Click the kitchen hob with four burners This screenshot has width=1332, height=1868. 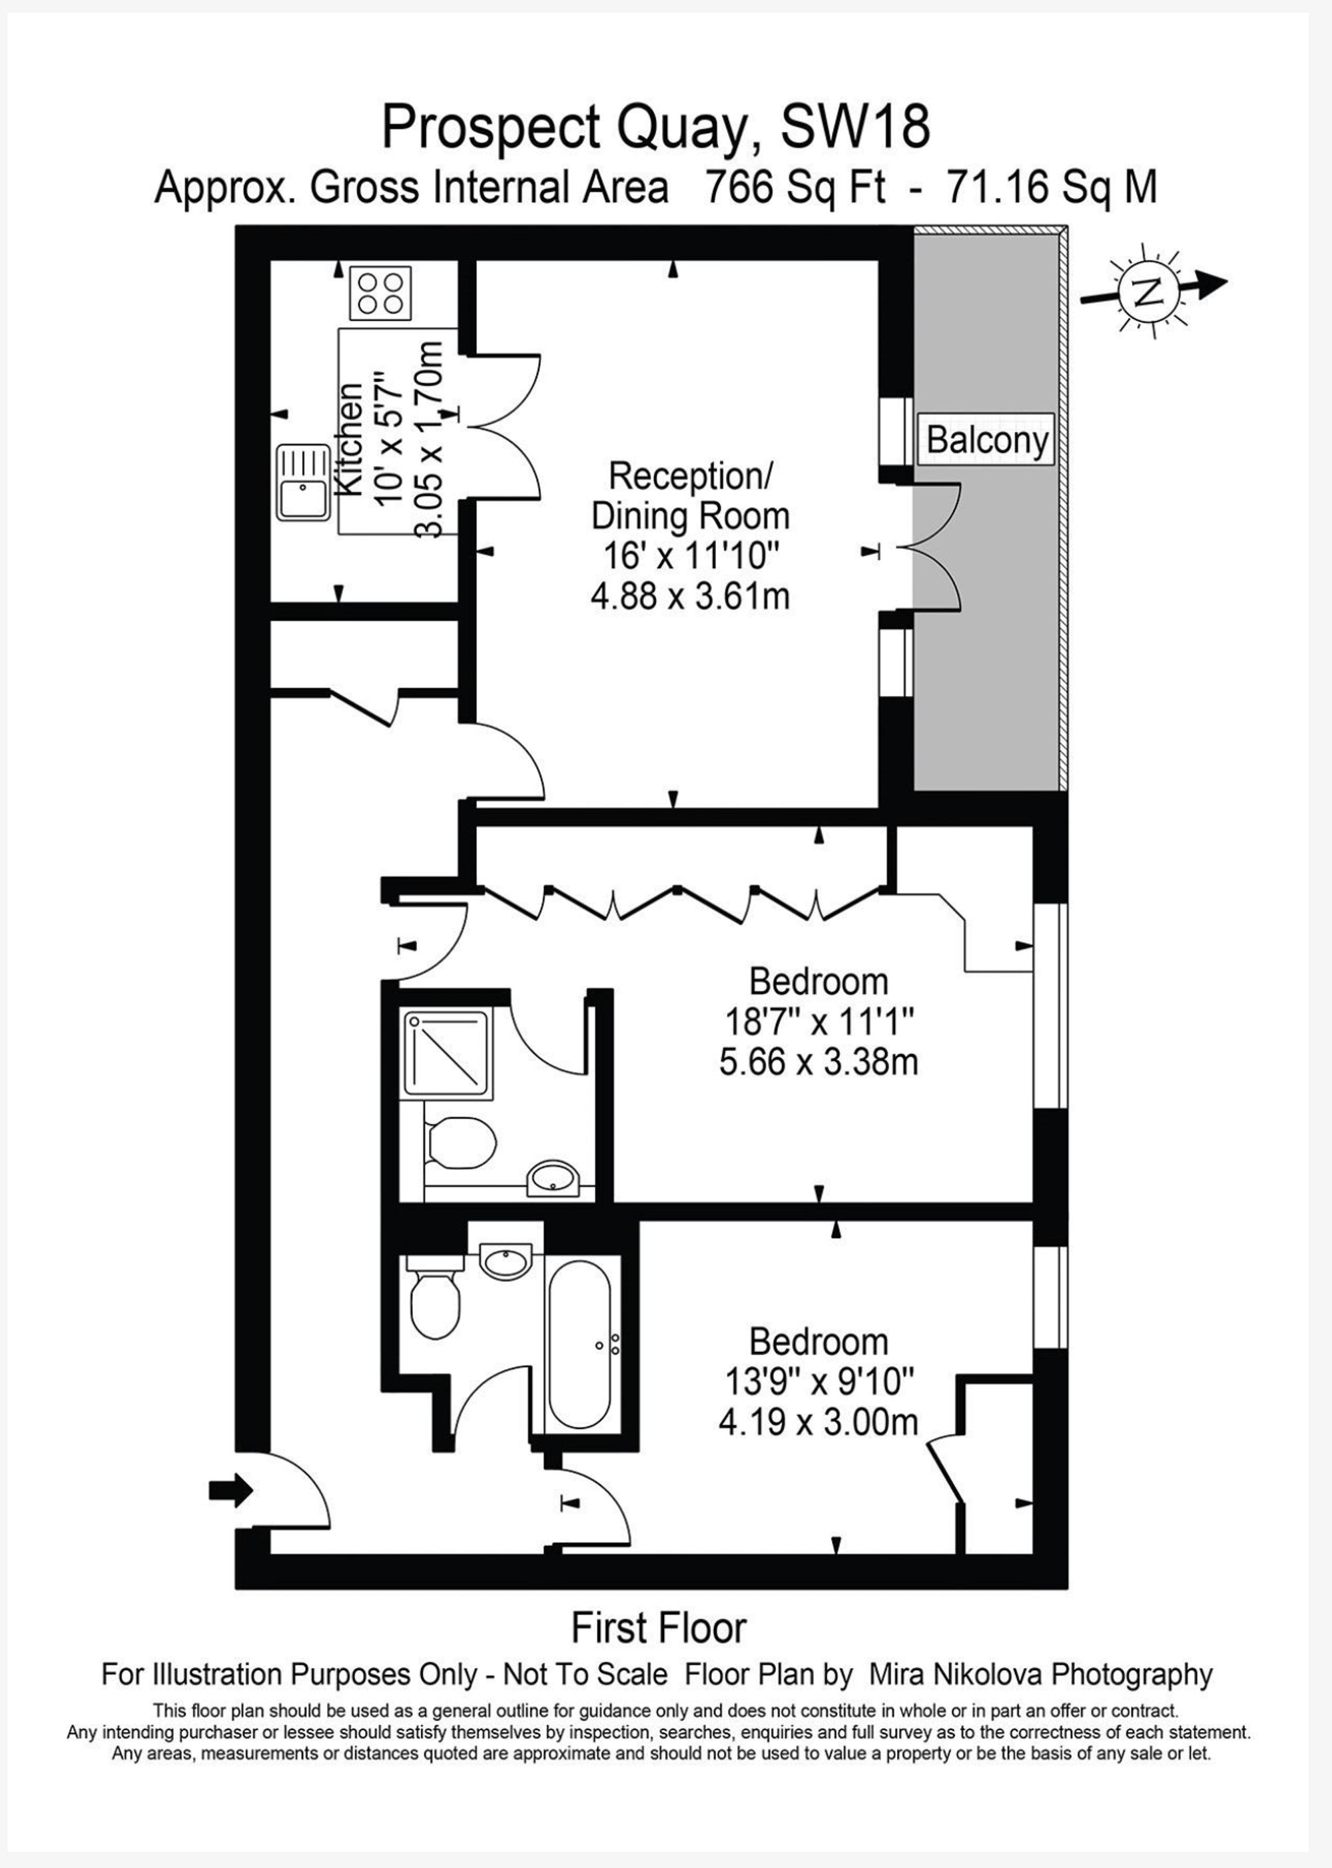coord(380,294)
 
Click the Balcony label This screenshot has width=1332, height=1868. coord(988,440)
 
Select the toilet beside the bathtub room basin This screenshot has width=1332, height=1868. coord(434,1307)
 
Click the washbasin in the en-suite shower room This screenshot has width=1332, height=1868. coord(555,1179)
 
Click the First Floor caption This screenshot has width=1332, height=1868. coord(659,1627)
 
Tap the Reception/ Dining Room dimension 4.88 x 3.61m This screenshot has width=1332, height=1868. coord(690,596)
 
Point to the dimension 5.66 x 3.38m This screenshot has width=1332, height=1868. coord(818,1063)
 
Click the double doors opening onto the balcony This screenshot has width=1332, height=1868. coord(935,547)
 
